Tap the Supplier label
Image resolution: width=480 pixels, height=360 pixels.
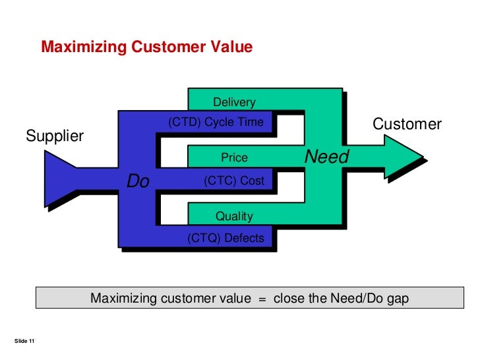point(55,136)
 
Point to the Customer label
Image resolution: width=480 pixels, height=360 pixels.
point(407,124)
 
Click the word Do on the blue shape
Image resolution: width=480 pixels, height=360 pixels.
point(138,181)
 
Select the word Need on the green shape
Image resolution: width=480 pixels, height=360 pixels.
point(326,158)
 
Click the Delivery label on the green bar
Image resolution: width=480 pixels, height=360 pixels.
point(233,102)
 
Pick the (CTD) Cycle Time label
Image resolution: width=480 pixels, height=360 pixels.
point(216,122)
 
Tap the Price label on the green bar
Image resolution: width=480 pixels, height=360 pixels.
point(234,158)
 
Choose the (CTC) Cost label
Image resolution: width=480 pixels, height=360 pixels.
point(234,181)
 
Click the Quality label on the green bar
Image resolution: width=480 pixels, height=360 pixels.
point(234,216)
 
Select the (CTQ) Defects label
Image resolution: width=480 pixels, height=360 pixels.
point(225,239)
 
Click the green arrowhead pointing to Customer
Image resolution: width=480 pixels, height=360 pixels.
point(402,157)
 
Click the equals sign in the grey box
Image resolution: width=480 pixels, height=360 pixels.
point(261,299)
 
